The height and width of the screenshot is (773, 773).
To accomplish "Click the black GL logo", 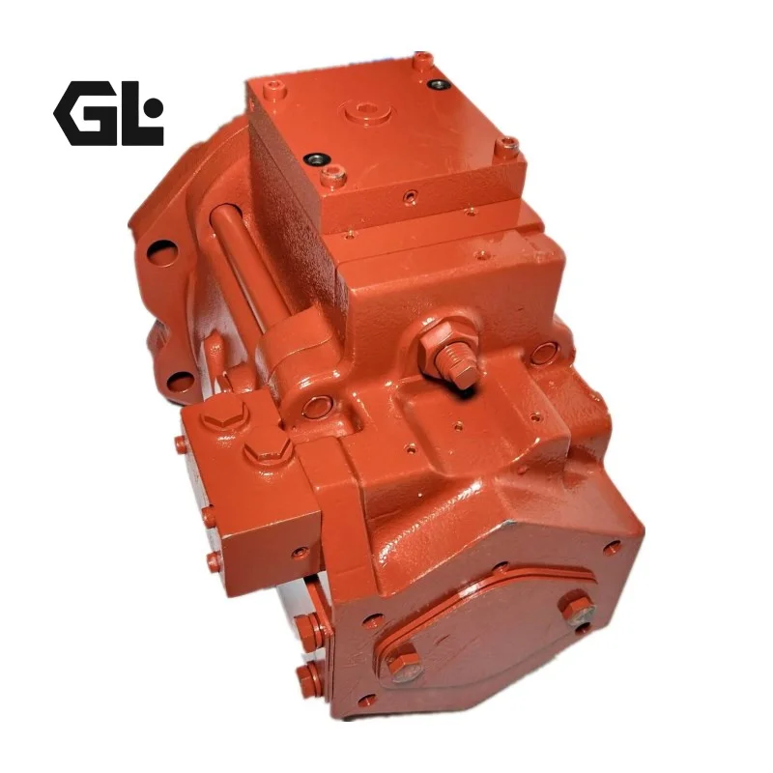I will point(108,113).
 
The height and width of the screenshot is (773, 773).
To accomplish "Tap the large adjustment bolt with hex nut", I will point(451,352).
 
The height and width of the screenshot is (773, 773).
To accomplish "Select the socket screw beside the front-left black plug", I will point(333,176).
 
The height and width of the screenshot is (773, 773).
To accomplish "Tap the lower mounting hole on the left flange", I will point(180,381).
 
